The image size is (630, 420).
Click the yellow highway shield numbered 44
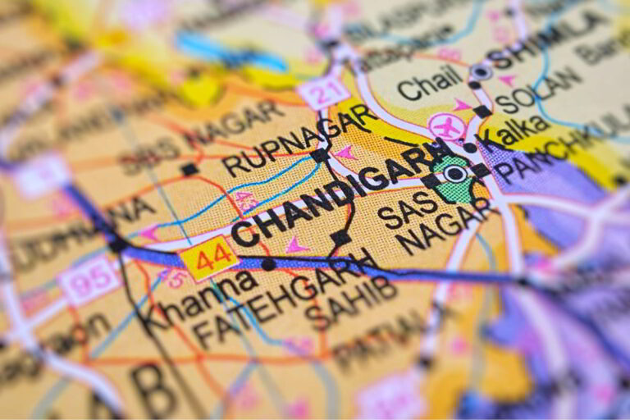point(208,258)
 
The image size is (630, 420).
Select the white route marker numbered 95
point(88,279)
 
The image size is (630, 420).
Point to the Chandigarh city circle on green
point(455,174)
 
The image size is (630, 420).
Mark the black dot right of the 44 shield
point(268,264)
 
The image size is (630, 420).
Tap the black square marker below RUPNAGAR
point(319,155)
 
